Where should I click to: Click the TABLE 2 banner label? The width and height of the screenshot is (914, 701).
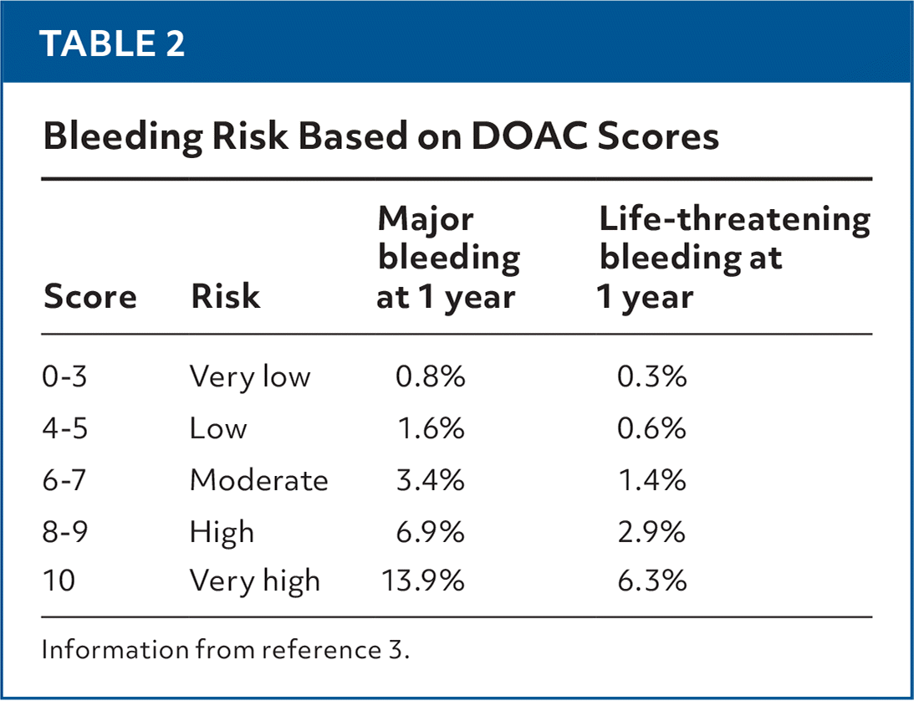click(x=113, y=43)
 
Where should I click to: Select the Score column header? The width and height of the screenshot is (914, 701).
click(x=89, y=297)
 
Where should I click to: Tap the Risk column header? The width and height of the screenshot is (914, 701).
click(x=225, y=297)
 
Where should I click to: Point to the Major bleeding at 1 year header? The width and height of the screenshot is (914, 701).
click(x=447, y=258)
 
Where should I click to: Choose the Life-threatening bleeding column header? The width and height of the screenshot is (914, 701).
click(x=733, y=258)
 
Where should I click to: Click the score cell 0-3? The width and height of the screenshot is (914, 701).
click(x=65, y=377)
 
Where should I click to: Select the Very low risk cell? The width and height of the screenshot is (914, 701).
click(x=249, y=377)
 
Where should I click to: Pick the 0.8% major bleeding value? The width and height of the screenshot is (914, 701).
click(x=430, y=377)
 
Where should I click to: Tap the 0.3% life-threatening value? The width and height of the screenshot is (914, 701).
click(x=651, y=377)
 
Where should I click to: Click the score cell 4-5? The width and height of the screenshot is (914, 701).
click(x=65, y=429)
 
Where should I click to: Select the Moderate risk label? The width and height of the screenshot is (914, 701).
click(x=258, y=481)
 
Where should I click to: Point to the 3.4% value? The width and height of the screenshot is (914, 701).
click(x=430, y=481)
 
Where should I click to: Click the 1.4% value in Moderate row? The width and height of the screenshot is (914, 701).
click(x=651, y=481)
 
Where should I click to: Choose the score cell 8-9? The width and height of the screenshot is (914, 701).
click(x=65, y=532)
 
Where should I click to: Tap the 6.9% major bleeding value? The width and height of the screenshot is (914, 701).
click(x=430, y=532)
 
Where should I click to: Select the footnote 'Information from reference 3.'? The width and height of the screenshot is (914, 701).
click(x=226, y=651)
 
